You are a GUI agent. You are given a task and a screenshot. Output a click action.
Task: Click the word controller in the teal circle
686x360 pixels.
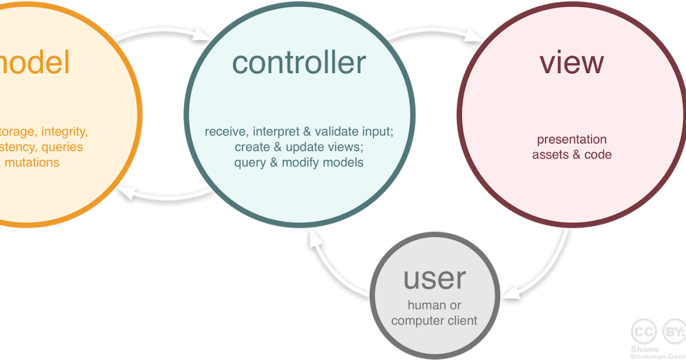pyautogui.click(x=298, y=63)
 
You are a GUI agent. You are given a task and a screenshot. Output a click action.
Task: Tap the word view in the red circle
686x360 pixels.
pyautogui.click(x=571, y=63)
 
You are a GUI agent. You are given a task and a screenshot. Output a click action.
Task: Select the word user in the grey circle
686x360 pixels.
pyautogui.click(x=434, y=278)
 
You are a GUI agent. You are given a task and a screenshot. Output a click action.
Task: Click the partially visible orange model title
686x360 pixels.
pyautogui.click(x=34, y=63)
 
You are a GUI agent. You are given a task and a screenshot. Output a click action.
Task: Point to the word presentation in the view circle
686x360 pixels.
pyautogui.click(x=572, y=139)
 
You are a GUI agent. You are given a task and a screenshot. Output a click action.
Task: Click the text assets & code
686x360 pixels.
pyautogui.click(x=572, y=155)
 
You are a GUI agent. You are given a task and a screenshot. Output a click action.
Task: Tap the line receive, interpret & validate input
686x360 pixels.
pyautogui.click(x=298, y=132)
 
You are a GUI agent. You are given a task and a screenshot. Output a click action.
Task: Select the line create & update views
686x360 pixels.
pyautogui.click(x=298, y=147)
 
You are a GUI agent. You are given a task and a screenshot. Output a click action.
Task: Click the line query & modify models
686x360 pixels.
pyautogui.click(x=298, y=163)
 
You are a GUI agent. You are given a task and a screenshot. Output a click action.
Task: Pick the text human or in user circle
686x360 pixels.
pyautogui.click(x=434, y=306)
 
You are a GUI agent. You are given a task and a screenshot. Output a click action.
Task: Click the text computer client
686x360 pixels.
pyautogui.click(x=434, y=321)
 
